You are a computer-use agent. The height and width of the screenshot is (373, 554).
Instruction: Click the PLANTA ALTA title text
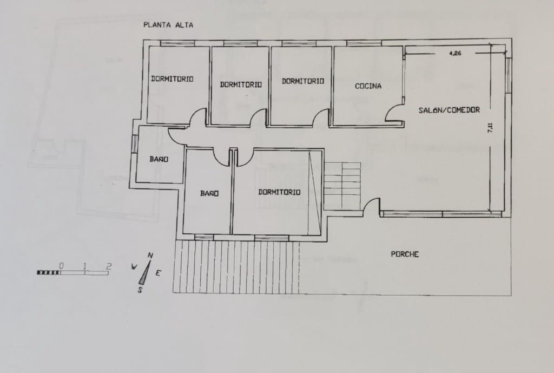[168, 24]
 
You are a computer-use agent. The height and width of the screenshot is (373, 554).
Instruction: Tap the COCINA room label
[368, 86]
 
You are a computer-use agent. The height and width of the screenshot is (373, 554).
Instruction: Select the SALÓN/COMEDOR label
[449, 110]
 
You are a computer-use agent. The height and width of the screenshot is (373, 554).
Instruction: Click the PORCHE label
[405, 254]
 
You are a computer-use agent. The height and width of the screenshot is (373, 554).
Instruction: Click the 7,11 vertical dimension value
[490, 128]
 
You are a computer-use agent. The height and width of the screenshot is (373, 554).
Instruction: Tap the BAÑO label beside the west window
[159, 159]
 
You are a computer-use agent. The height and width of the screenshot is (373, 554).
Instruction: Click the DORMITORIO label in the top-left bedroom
[172, 79]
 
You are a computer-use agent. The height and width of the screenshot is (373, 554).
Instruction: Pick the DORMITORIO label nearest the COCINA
[303, 81]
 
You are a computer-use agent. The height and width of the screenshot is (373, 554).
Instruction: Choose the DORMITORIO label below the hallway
[279, 192]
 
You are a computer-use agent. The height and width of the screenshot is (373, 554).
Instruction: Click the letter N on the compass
[150, 256]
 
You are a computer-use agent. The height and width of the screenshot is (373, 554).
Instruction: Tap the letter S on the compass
[140, 289]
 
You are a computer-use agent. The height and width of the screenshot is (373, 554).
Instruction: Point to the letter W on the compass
[134, 266]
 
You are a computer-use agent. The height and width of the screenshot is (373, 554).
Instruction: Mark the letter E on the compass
[158, 273]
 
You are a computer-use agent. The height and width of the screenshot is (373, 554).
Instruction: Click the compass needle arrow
[145, 273]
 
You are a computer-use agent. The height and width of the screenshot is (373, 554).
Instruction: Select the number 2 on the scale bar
[109, 266]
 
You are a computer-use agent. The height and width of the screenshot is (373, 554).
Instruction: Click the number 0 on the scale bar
[62, 266]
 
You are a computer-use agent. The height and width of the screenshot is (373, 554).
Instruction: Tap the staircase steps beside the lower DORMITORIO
[342, 185]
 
